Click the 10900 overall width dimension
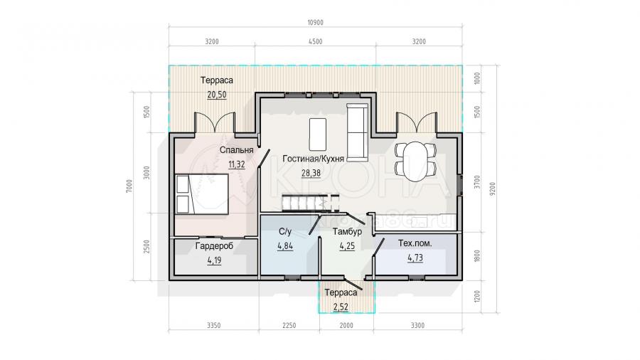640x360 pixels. (x=315, y=23)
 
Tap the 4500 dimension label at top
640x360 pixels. (x=315, y=41)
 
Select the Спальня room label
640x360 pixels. (x=236, y=150)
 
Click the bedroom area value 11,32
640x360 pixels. (x=236, y=164)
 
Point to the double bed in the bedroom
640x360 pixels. (x=202, y=194)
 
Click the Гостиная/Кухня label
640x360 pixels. (x=313, y=159)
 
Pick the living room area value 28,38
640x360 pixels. (x=311, y=173)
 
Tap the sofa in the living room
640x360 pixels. (x=357, y=132)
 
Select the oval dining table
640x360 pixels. (x=415, y=162)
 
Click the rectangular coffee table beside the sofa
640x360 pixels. (x=318, y=134)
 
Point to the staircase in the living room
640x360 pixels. (x=310, y=203)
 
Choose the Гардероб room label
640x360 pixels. (x=214, y=245)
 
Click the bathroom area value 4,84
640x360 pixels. (x=285, y=246)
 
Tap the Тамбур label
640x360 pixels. (x=347, y=232)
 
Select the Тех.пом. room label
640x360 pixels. (x=415, y=243)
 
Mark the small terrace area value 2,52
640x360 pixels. (x=341, y=307)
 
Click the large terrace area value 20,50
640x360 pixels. (x=217, y=95)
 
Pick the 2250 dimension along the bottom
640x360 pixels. (x=289, y=325)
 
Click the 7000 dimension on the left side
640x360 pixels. (x=129, y=186)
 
